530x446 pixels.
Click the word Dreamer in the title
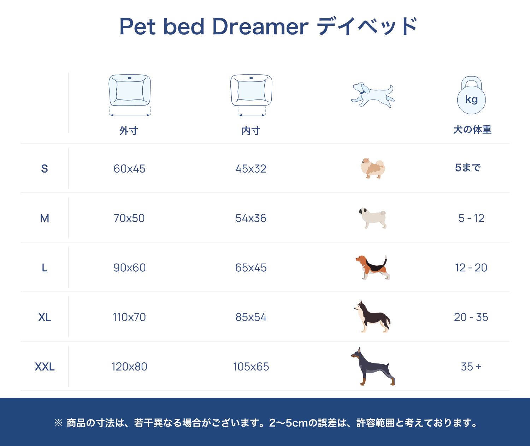click(x=260, y=26)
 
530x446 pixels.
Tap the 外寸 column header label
click(x=129, y=131)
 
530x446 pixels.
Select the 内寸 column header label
click(x=251, y=131)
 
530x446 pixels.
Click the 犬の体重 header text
click(x=472, y=129)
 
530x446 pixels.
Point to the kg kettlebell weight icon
click(x=471, y=95)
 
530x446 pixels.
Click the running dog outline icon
click(x=373, y=95)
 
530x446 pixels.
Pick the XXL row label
click(x=45, y=367)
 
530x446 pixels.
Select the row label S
click(x=45, y=169)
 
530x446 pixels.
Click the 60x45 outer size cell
click(x=129, y=169)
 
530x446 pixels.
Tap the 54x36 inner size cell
click(x=251, y=218)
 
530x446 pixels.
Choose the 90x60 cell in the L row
click(x=129, y=267)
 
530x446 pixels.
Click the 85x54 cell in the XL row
click(x=251, y=317)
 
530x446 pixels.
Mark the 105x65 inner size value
click(x=251, y=367)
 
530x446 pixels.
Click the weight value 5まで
click(x=468, y=168)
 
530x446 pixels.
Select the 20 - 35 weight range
click(x=471, y=317)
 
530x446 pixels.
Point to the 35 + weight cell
click(x=471, y=367)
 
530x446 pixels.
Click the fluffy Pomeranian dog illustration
click(x=373, y=168)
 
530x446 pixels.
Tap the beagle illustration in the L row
click(x=373, y=267)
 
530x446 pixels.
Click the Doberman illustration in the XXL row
click(x=373, y=366)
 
